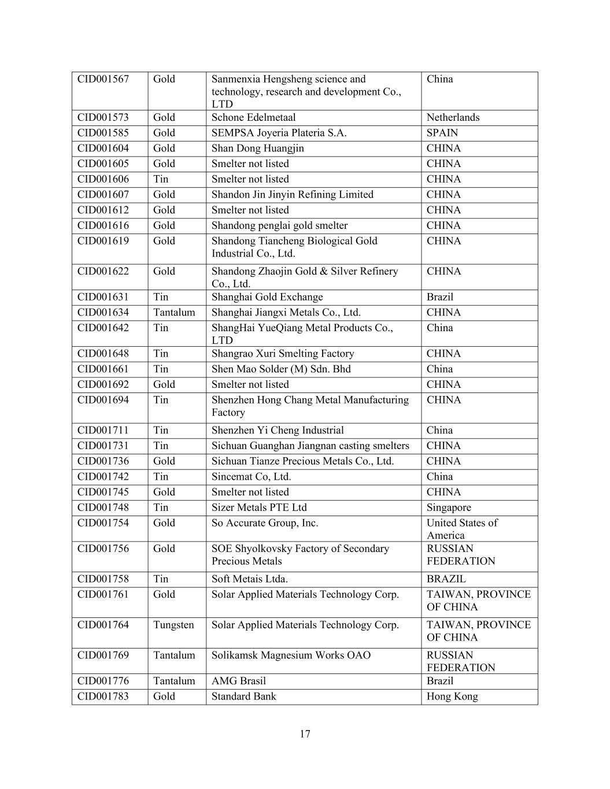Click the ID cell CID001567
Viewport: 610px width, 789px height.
tap(103, 79)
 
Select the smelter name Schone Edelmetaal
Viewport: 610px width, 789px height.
tap(253, 117)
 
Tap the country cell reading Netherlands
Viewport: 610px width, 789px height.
tap(453, 117)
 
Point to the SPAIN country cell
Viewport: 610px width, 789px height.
tap(442, 133)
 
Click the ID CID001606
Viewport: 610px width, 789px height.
tap(103, 179)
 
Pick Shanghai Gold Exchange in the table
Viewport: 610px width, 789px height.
tap(267, 297)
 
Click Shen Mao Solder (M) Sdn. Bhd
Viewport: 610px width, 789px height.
tap(281, 369)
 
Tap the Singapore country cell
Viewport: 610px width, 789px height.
tap(449, 508)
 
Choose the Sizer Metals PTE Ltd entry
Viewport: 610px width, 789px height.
tap(259, 508)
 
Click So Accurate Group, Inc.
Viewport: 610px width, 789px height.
tap(265, 523)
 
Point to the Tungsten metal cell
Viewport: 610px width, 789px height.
tap(173, 625)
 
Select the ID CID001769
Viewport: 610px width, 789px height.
tap(103, 655)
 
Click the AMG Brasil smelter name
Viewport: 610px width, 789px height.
tap(239, 681)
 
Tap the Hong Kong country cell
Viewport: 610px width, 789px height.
tap(452, 697)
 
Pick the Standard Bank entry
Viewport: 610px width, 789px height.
tap(243, 697)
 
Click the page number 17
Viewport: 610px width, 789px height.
tap(305, 734)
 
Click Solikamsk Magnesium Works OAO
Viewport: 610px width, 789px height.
tap(291, 655)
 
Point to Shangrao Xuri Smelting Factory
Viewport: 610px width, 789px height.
tap(283, 354)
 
